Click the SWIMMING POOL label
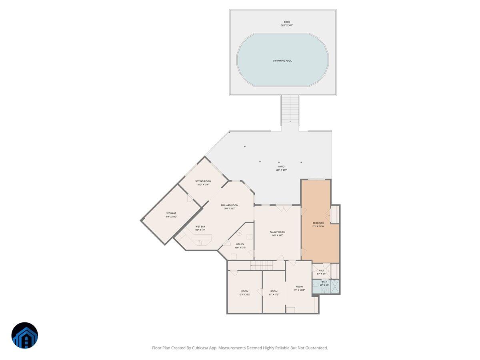(282, 61)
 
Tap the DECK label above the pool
(287, 22)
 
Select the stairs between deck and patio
(290, 109)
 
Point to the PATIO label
(282, 167)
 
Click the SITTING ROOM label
(203, 181)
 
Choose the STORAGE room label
(171, 214)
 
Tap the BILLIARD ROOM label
(230, 205)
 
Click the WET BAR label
(200, 226)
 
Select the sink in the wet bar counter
(199, 242)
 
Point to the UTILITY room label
(240, 244)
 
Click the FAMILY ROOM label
(277, 232)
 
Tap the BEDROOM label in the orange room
(318, 223)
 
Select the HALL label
(322, 270)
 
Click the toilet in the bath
(316, 285)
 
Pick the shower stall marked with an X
(335, 286)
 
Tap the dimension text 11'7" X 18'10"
(300, 290)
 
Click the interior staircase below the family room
(262, 265)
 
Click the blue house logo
(24, 335)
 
